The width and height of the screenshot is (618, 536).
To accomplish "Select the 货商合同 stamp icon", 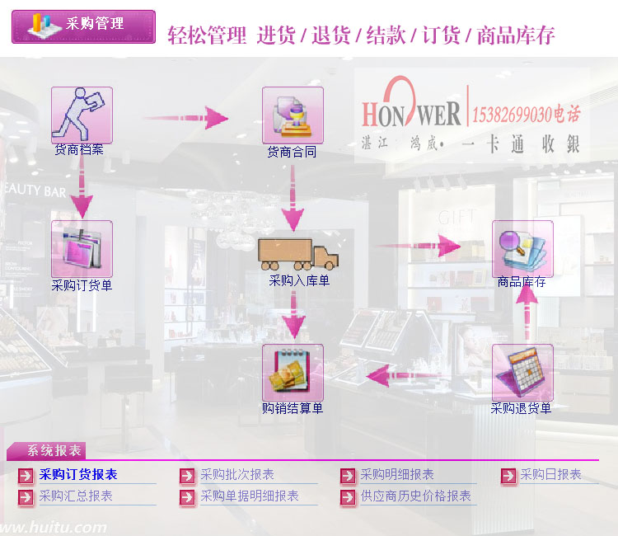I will pos(293,115).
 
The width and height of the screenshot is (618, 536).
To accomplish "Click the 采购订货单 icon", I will pos(82,248).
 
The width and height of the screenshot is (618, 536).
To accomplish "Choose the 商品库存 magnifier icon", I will pos(522,248).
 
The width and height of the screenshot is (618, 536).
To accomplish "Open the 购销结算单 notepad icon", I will pos(293,372).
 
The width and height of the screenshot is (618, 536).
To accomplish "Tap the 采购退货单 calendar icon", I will pos(522,372).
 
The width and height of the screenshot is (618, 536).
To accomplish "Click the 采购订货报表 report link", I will pos(78,474).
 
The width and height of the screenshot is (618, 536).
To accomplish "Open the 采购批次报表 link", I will pos(237,474).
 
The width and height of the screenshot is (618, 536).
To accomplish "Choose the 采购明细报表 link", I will pos(397,474).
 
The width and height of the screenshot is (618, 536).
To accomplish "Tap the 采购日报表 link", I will pos(550,474).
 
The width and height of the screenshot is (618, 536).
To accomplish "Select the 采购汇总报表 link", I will pos(76,496).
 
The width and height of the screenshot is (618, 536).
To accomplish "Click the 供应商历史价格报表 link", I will pos(415,496).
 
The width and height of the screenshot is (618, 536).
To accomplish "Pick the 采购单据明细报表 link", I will pos(250,496).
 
